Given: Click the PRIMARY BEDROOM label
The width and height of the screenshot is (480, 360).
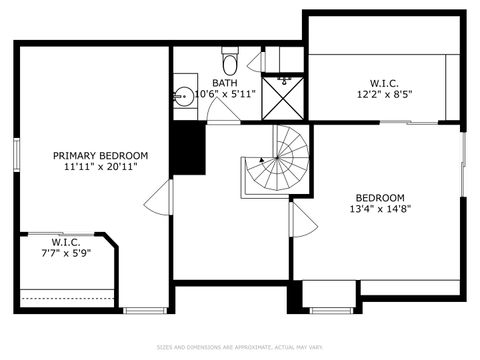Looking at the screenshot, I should click(x=100, y=155).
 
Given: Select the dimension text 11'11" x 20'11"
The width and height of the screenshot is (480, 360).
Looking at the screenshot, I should click(x=100, y=167).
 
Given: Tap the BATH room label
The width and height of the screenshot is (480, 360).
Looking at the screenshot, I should click(x=223, y=82).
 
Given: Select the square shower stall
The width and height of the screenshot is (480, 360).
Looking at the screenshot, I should click(x=284, y=97).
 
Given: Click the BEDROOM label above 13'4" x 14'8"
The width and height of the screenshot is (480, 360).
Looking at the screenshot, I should click(x=379, y=197).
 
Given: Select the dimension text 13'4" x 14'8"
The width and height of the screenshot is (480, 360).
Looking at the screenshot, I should click(x=379, y=209).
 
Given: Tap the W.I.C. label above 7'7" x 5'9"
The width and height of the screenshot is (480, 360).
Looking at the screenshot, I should click(x=66, y=242).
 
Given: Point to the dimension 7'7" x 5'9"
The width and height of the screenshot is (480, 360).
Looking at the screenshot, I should click(x=66, y=255).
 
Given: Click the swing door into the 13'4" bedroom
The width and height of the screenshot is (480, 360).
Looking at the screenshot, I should click(x=303, y=222).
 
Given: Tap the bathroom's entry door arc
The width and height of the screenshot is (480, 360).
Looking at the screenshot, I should click(x=223, y=113).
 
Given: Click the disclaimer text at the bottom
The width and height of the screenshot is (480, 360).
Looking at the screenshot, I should click(x=240, y=348).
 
